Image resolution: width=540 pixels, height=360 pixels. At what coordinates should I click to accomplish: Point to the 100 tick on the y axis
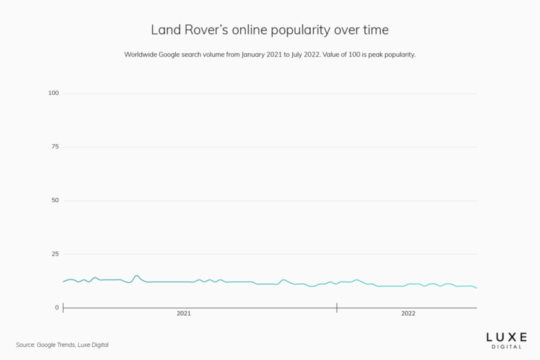coord(53,93)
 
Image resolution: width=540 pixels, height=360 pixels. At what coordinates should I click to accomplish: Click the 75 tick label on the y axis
coord(55,147)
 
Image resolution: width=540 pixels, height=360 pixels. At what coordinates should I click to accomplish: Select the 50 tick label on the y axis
coord(55,200)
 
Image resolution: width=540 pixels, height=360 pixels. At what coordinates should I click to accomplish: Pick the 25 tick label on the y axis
coord(55,254)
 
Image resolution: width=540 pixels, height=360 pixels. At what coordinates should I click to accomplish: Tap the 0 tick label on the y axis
coord(57,307)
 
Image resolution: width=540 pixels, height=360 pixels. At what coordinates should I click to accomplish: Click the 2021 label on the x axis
coord(183,314)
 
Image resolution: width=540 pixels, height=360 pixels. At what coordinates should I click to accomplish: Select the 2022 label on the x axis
coord(408,314)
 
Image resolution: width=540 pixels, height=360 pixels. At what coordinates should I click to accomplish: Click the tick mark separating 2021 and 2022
coord(337,307)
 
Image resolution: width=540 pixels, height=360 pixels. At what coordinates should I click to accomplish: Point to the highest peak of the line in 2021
coord(136,276)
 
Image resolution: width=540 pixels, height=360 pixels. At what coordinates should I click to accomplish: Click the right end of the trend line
coord(477,288)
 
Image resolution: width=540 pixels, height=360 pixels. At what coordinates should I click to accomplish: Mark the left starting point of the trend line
coord(63,282)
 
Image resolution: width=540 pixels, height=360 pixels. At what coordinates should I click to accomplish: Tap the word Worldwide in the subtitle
coord(142,54)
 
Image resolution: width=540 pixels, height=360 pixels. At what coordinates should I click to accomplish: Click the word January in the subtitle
coord(255,54)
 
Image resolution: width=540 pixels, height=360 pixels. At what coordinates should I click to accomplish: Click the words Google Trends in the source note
coord(56,345)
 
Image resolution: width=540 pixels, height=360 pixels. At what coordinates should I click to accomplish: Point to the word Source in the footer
coord(25,345)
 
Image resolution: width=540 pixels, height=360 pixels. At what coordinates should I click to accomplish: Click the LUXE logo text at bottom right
coord(506,336)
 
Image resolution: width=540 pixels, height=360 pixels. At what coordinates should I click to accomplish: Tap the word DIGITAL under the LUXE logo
coord(506,346)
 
